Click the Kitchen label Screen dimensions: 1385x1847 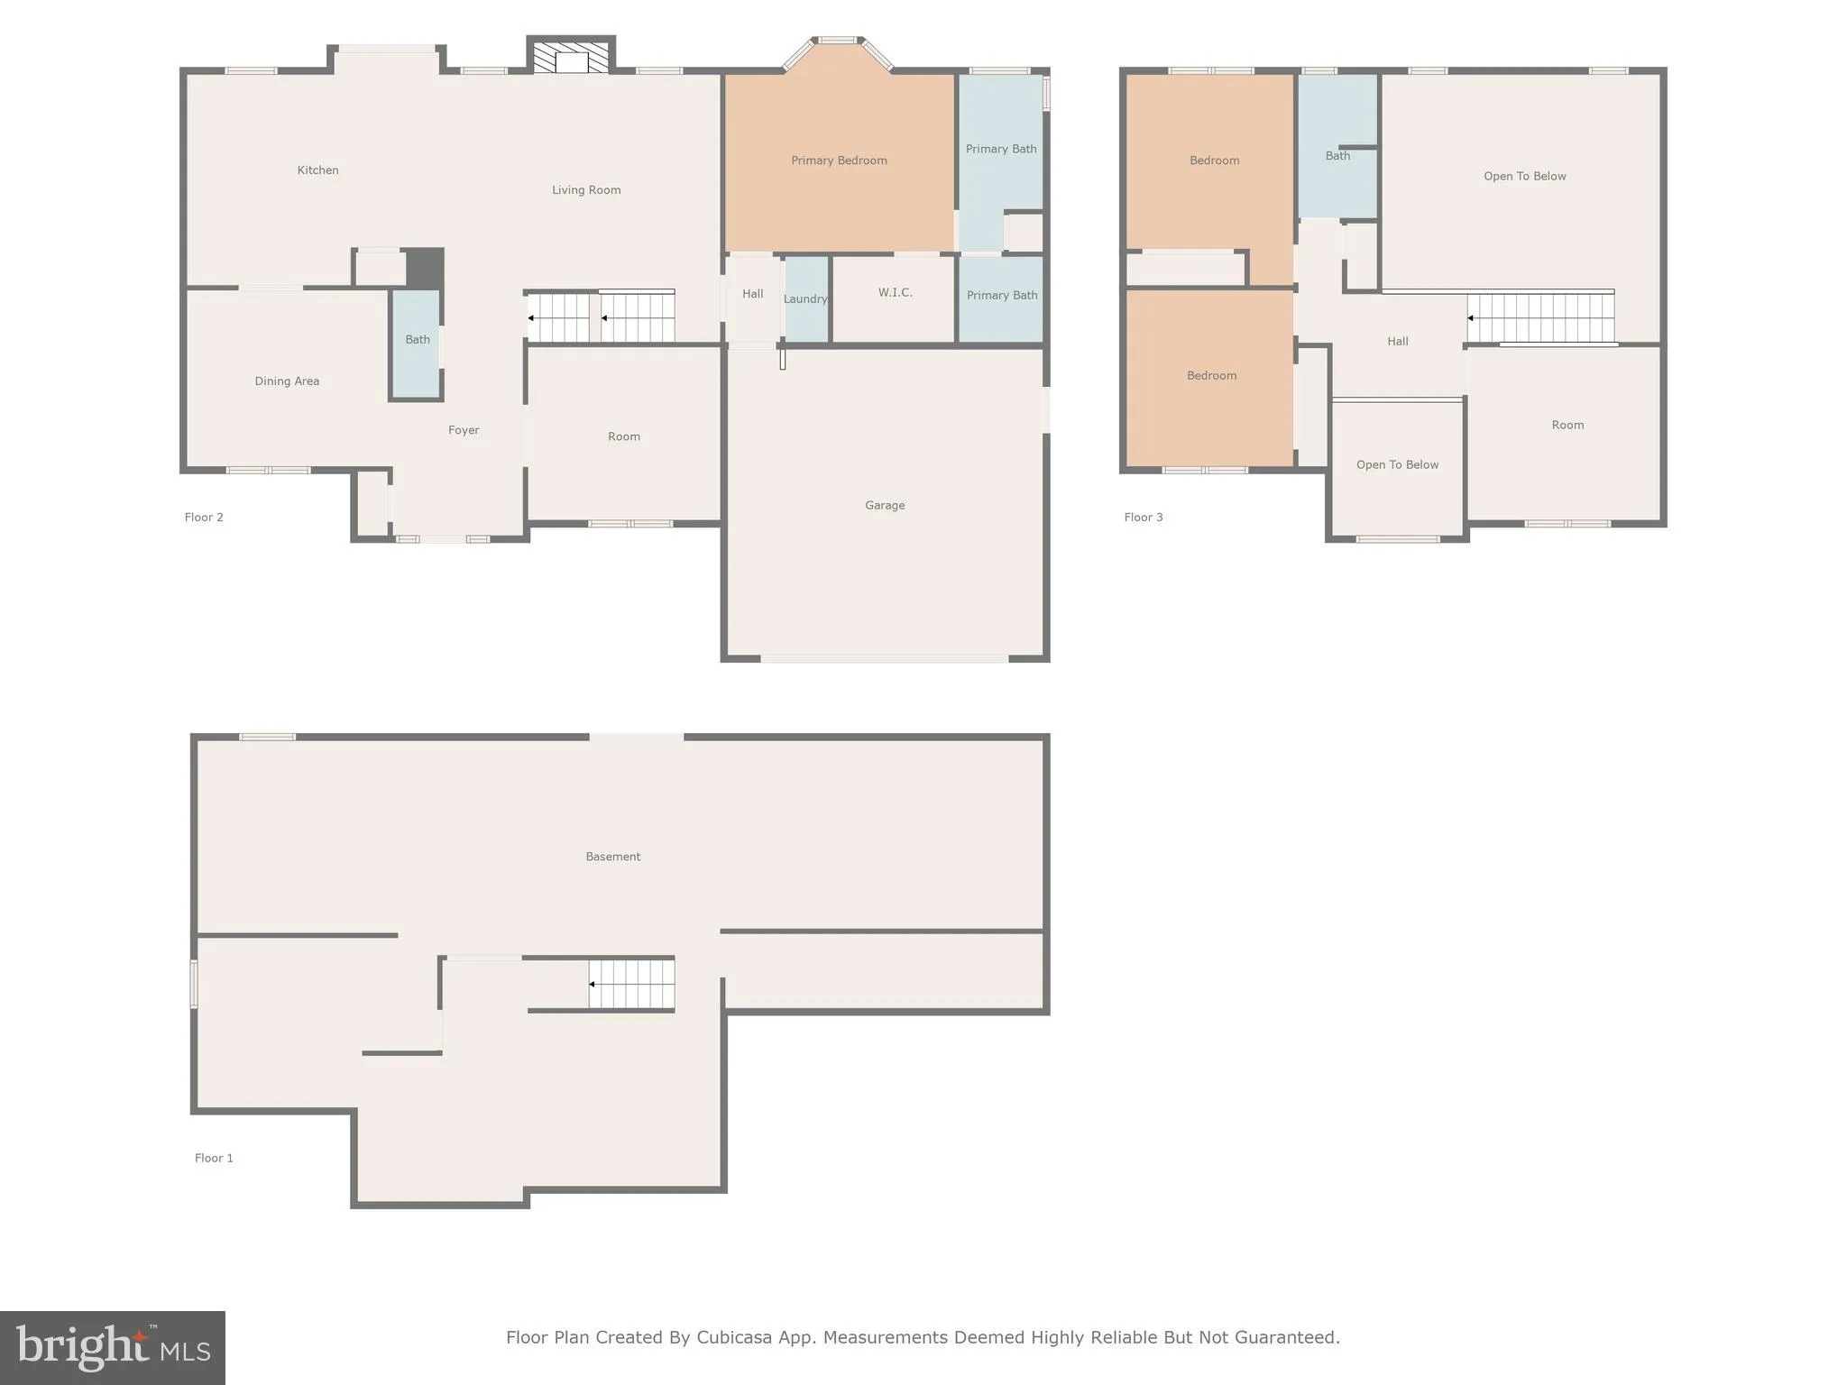click(317, 170)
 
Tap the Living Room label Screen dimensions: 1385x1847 click(586, 190)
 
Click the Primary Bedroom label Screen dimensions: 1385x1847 click(839, 161)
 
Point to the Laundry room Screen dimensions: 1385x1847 click(805, 298)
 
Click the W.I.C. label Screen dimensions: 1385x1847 click(895, 293)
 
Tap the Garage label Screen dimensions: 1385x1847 click(884, 506)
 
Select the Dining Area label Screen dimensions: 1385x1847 click(287, 381)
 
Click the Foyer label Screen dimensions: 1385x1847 click(464, 431)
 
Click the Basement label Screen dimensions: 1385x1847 click(612, 858)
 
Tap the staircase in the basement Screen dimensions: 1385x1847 click(631, 985)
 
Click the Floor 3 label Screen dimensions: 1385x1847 click(1143, 518)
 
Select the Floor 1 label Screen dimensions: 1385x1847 click(214, 1159)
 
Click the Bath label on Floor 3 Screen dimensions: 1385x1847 click(1337, 156)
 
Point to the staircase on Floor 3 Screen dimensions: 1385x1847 click(1540, 318)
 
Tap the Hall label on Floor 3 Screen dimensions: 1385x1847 click(1397, 342)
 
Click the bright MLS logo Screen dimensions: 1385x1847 click(112, 1347)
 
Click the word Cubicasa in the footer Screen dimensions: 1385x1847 click(734, 1338)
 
